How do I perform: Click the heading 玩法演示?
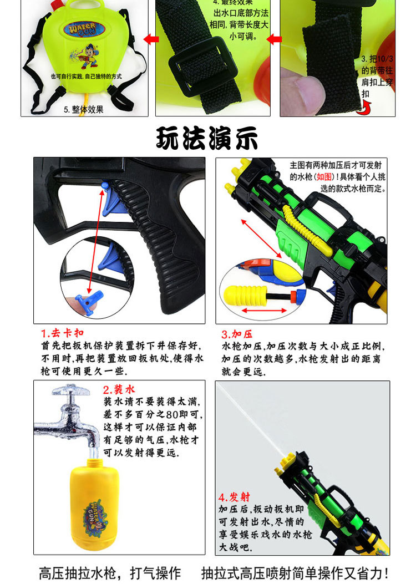click(x=207, y=138)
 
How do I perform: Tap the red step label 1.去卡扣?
click(x=63, y=333)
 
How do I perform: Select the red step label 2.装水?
click(x=119, y=390)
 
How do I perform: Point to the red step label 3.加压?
click(x=237, y=334)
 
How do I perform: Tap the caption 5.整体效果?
click(x=83, y=109)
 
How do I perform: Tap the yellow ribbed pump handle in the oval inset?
click(x=243, y=293)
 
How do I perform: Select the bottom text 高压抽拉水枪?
click(x=77, y=572)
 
